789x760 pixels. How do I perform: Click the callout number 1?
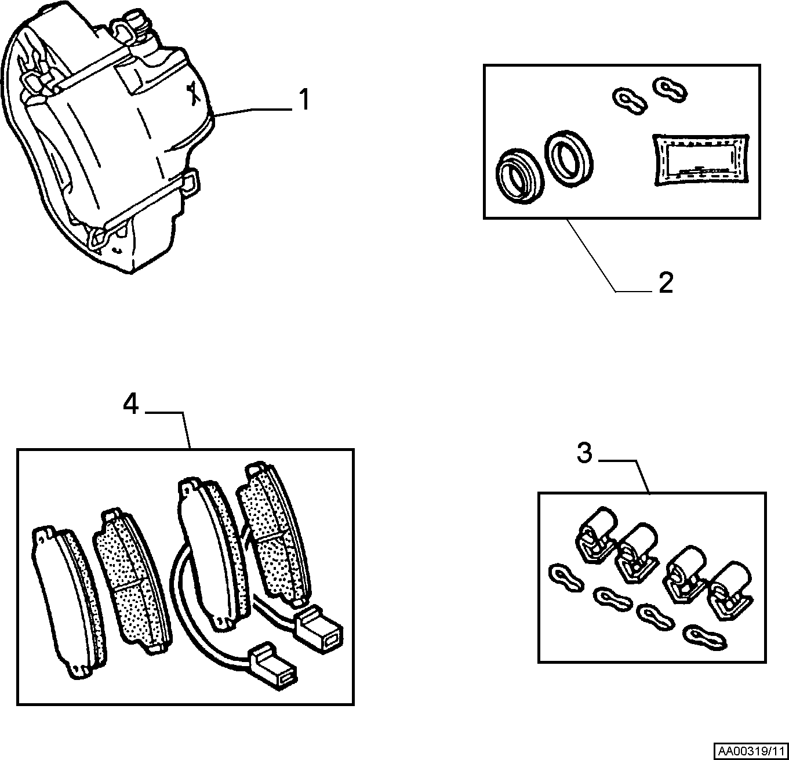[304, 100]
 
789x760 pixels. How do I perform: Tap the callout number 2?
[666, 282]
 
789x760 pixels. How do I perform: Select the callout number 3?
[584, 453]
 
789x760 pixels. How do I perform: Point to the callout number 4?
[130, 404]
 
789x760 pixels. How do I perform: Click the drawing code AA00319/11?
[751, 751]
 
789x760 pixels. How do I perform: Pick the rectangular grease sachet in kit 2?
[701, 159]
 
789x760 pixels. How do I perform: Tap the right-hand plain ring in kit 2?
[569, 159]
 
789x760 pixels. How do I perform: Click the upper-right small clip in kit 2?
[670, 89]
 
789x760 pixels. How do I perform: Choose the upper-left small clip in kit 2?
[629, 101]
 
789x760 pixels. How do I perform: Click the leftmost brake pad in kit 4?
[69, 602]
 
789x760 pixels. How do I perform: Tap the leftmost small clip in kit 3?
[566, 577]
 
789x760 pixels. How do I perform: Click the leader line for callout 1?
[252, 112]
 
